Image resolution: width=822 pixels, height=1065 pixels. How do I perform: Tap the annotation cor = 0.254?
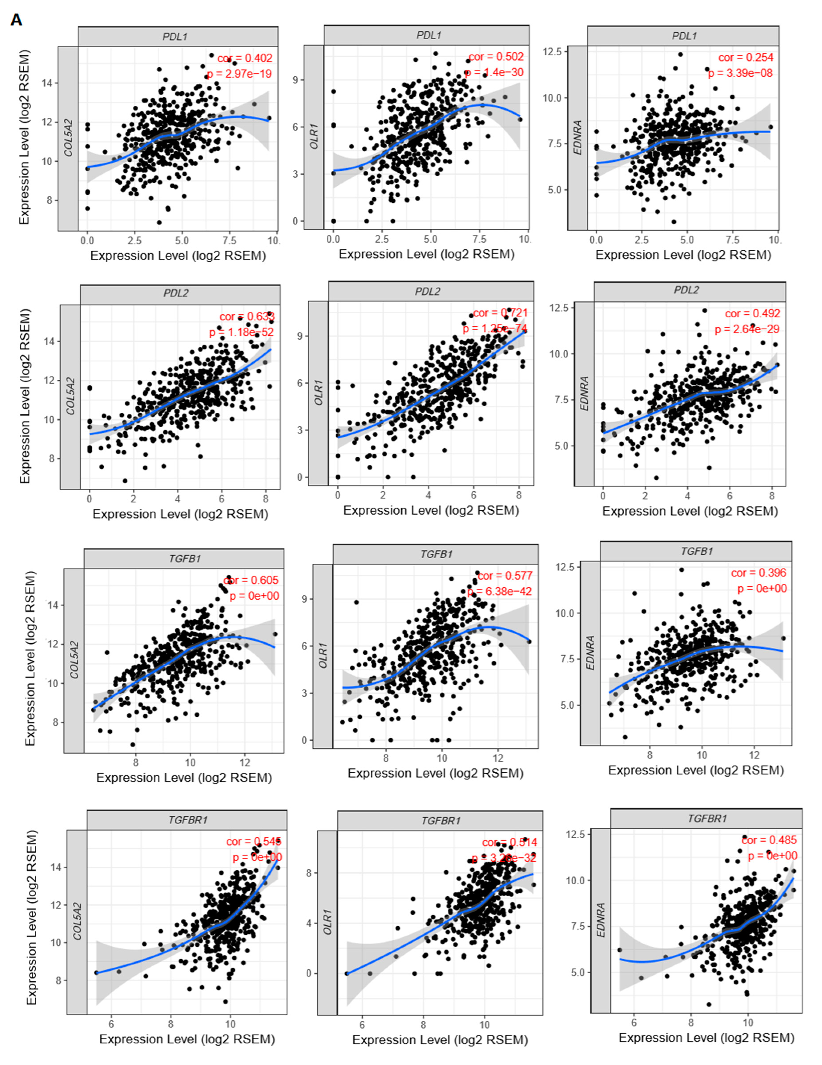746,58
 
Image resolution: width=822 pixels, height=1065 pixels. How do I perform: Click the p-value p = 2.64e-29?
747,329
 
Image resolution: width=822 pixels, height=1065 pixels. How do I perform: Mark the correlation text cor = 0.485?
769,840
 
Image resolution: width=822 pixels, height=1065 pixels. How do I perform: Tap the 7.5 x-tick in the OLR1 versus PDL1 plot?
479,239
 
